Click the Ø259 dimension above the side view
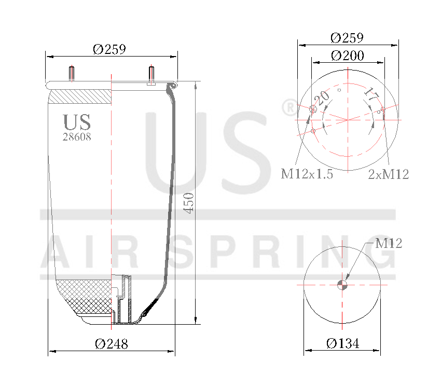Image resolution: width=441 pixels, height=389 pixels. point(109,49)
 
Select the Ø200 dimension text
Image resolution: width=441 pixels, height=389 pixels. point(347,55)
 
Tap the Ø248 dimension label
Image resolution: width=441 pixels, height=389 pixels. point(111,343)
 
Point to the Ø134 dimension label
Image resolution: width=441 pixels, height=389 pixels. point(342,343)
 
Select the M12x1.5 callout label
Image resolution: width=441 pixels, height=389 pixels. point(307,174)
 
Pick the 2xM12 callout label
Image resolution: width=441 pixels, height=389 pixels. point(388,175)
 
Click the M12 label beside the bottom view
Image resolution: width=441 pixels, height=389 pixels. point(389,243)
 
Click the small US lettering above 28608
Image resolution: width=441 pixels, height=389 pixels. point(77,122)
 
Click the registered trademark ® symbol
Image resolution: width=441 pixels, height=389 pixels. point(288,108)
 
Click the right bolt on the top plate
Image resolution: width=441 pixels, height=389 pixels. point(151,75)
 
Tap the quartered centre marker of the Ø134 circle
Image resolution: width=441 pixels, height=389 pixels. point(342,284)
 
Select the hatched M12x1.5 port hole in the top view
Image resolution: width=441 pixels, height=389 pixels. point(313,109)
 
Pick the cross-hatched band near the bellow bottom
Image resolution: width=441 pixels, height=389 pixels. point(83,296)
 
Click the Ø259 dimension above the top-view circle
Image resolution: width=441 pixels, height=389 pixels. point(347,38)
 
